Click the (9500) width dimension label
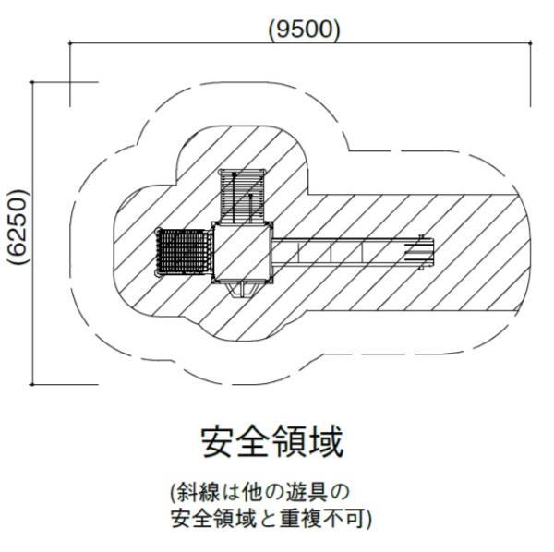pyautogui.click(x=304, y=30)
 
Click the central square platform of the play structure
pyautogui.click(x=242, y=252)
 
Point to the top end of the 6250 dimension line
pyautogui.click(x=33, y=82)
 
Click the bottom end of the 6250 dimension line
pyautogui.click(x=33, y=383)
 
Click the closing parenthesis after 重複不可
pyautogui.click(x=369, y=516)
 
